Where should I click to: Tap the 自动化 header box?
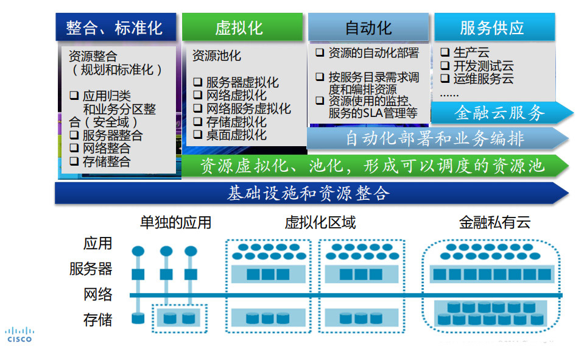(x=368, y=27)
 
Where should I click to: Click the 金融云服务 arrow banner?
(x=499, y=113)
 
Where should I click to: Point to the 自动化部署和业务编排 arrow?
(x=435, y=139)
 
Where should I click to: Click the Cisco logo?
(x=19, y=334)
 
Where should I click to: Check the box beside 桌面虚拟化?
(x=197, y=135)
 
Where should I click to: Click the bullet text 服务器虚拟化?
(x=242, y=82)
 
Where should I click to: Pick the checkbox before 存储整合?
(x=74, y=161)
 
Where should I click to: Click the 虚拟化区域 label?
(x=320, y=223)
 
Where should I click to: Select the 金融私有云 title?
(x=494, y=223)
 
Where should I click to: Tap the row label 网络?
(x=98, y=295)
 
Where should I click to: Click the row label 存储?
(x=98, y=319)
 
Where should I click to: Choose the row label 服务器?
(x=91, y=269)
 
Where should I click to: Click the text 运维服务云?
(x=475, y=79)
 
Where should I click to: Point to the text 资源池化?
(x=217, y=56)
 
